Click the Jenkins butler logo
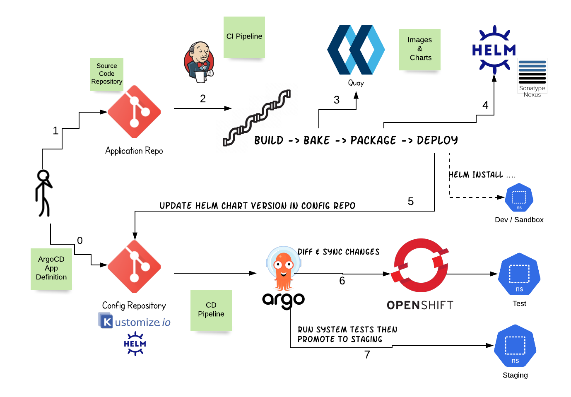pyautogui.click(x=199, y=62)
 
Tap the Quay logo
pyautogui.click(x=356, y=50)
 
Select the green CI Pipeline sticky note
pyautogui.click(x=244, y=37)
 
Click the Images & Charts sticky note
pyautogui.click(x=419, y=49)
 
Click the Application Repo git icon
pyautogui.click(x=134, y=112)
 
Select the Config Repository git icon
pyautogui.click(x=134, y=267)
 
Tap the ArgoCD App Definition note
pyautogui.click(x=51, y=269)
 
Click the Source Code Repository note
pyautogui.click(x=107, y=74)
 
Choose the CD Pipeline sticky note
pyautogui.click(x=211, y=310)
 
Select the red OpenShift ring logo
pyautogui.click(x=420, y=266)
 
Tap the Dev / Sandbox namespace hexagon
pyautogui.click(x=519, y=198)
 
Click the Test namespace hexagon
pyautogui.click(x=519, y=274)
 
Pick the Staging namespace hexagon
pyautogui.click(x=515, y=346)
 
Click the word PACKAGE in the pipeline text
pyautogui.click(x=373, y=140)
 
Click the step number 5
pyautogui.click(x=411, y=202)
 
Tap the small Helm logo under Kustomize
pyautogui.click(x=135, y=344)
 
